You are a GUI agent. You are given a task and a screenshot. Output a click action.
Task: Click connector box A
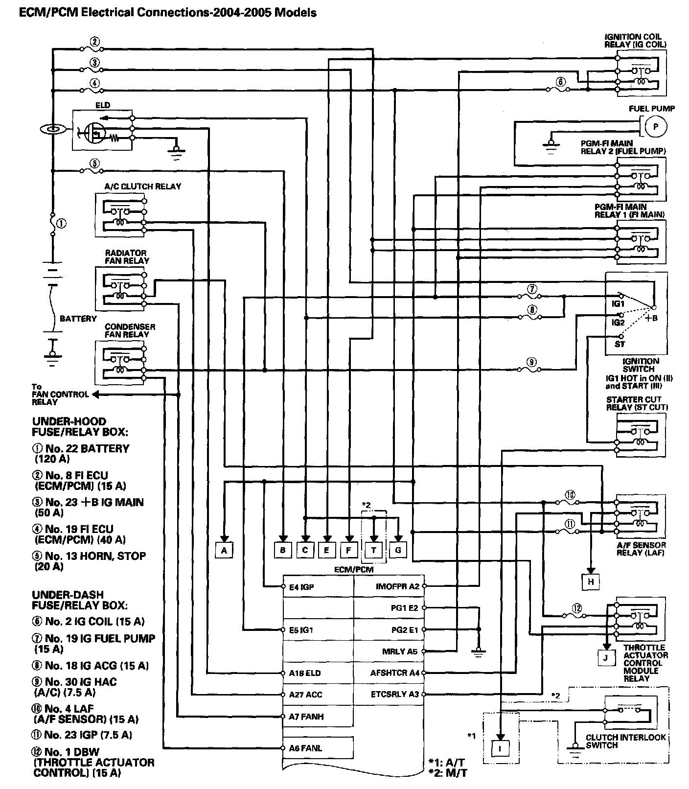pyautogui.click(x=224, y=550)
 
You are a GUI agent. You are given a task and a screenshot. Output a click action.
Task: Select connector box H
pyautogui.click(x=591, y=581)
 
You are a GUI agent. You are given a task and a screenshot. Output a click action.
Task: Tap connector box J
pyautogui.click(x=606, y=657)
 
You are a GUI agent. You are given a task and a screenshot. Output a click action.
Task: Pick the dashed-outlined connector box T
pyautogui.click(x=374, y=550)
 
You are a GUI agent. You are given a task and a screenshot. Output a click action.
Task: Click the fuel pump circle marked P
pyautogui.click(x=656, y=127)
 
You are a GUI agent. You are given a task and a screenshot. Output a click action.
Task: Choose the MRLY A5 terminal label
pyautogui.click(x=400, y=651)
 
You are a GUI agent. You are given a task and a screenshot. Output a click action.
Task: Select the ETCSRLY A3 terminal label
pyautogui.click(x=395, y=694)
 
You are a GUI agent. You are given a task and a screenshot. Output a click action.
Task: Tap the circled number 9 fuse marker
pyautogui.click(x=532, y=363)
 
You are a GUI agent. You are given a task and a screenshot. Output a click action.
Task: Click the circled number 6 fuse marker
pyautogui.click(x=561, y=82)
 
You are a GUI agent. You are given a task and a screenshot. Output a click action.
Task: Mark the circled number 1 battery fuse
pyautogui.click(x=62, y=224)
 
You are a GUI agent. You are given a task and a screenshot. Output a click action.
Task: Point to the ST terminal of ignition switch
pyautogui.click(x=620, y=344)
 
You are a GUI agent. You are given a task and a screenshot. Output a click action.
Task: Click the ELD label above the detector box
pyautogui.click(x=103, y=105)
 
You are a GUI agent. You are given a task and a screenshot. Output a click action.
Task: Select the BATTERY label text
pyautogui.click(x=78, y=319)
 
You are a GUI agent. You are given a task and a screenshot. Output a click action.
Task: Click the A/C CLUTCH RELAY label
pyautogui.click(x=142, y=186)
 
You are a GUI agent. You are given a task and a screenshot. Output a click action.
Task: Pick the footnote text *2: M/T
pyautogui.click(x=447, y=773)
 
